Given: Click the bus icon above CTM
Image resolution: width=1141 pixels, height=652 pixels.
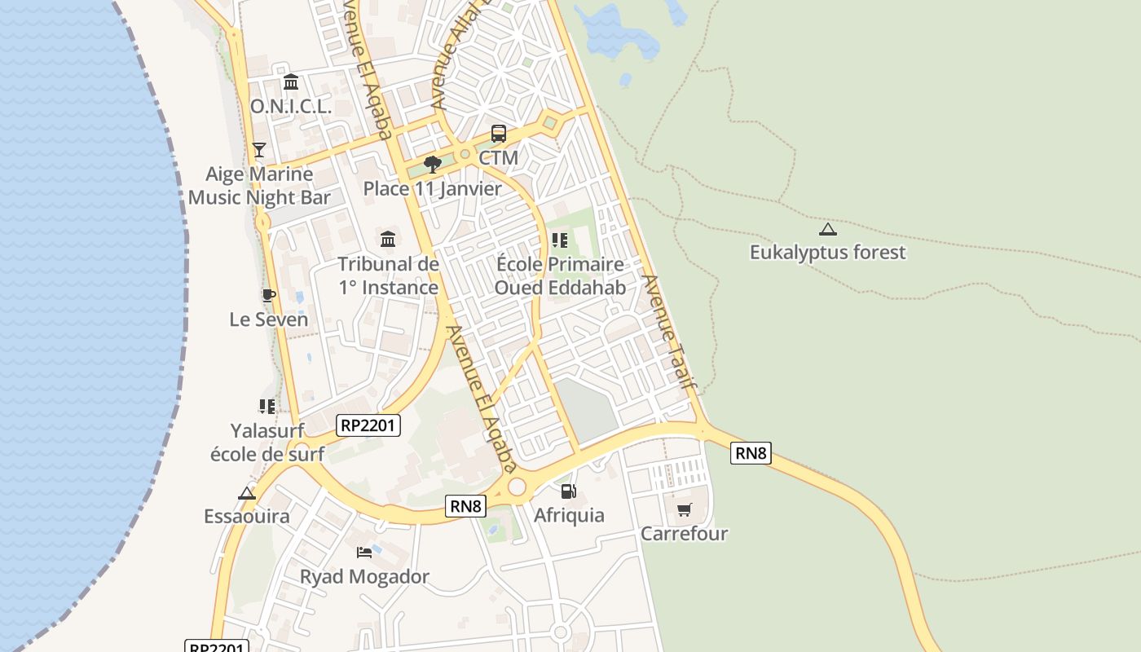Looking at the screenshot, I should point(498,134).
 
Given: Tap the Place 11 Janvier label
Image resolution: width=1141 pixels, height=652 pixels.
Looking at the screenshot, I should point(433,189).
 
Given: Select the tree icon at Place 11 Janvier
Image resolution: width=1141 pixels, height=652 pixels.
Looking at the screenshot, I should point(433,165).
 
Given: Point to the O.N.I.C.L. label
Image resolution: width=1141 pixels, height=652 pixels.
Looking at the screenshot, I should point(290,107).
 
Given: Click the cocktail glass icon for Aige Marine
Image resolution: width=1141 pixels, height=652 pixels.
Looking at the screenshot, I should point(259,150).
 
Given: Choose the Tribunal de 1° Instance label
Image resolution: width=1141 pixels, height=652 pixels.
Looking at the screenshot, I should point(389,275).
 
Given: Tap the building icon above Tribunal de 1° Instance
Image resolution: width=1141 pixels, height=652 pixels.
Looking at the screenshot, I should point(388,240).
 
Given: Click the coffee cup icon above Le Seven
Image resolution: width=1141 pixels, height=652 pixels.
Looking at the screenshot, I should point(268,295).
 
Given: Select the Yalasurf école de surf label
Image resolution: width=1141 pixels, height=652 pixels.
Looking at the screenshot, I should point(267,443).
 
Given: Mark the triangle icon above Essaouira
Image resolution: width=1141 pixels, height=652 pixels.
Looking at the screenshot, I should point(247,493).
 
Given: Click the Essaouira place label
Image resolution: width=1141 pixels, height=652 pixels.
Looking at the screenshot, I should point(247,517).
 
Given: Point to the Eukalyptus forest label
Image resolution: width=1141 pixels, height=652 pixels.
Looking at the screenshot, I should point(827,253).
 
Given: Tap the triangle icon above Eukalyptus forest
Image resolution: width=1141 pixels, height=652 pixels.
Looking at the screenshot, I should point(827,230).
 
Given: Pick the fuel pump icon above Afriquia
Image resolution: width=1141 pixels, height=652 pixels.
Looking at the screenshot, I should point(569,491).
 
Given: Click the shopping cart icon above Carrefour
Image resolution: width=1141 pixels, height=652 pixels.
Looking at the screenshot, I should point(685,510).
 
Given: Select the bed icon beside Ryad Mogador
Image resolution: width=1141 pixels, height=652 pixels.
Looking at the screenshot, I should point(364,553).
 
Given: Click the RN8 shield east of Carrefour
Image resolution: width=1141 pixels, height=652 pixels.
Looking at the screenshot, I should point(751,453).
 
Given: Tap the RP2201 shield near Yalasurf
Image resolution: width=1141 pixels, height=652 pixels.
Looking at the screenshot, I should point(368,425).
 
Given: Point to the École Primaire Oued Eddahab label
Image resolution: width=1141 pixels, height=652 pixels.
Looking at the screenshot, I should point(560,275).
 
